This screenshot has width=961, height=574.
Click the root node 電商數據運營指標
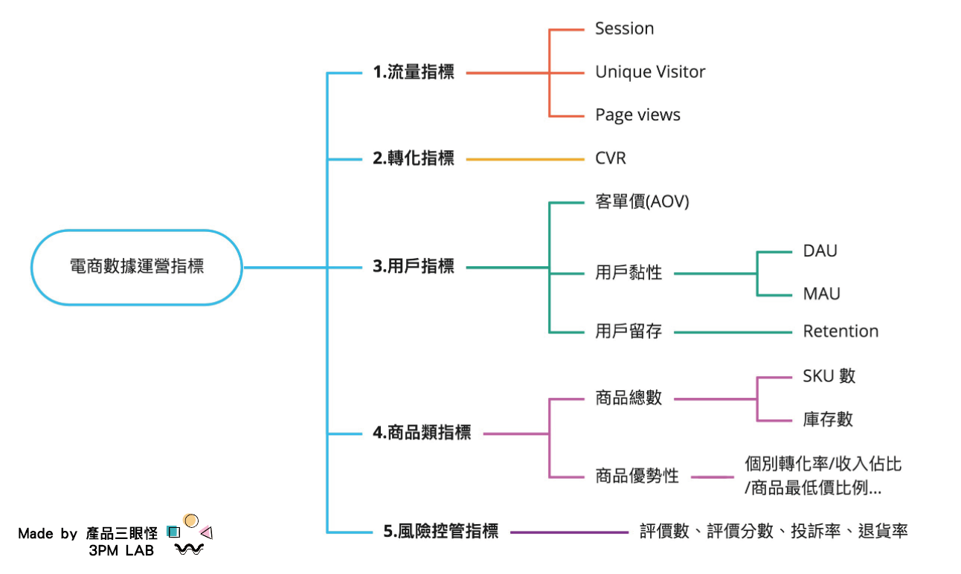137,267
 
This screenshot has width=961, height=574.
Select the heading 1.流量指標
414,73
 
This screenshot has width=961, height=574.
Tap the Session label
624,29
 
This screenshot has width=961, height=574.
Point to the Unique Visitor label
650,72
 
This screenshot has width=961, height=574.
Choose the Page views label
637,115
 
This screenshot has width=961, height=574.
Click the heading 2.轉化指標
414,158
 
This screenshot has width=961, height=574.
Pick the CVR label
611,158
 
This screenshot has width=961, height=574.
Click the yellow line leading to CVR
524,159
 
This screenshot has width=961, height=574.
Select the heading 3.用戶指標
414,267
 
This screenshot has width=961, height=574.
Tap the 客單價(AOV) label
642,201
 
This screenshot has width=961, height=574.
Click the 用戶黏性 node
629,273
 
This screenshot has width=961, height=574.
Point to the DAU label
820,251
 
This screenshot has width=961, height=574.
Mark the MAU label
821,294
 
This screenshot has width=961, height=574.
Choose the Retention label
841,332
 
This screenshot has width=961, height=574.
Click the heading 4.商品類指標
422,433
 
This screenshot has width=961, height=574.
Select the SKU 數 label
829,376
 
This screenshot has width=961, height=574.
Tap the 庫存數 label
828,420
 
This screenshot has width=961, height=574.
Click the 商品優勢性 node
637,477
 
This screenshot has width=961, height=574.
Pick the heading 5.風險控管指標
441,532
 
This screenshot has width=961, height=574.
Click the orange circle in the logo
191,520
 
